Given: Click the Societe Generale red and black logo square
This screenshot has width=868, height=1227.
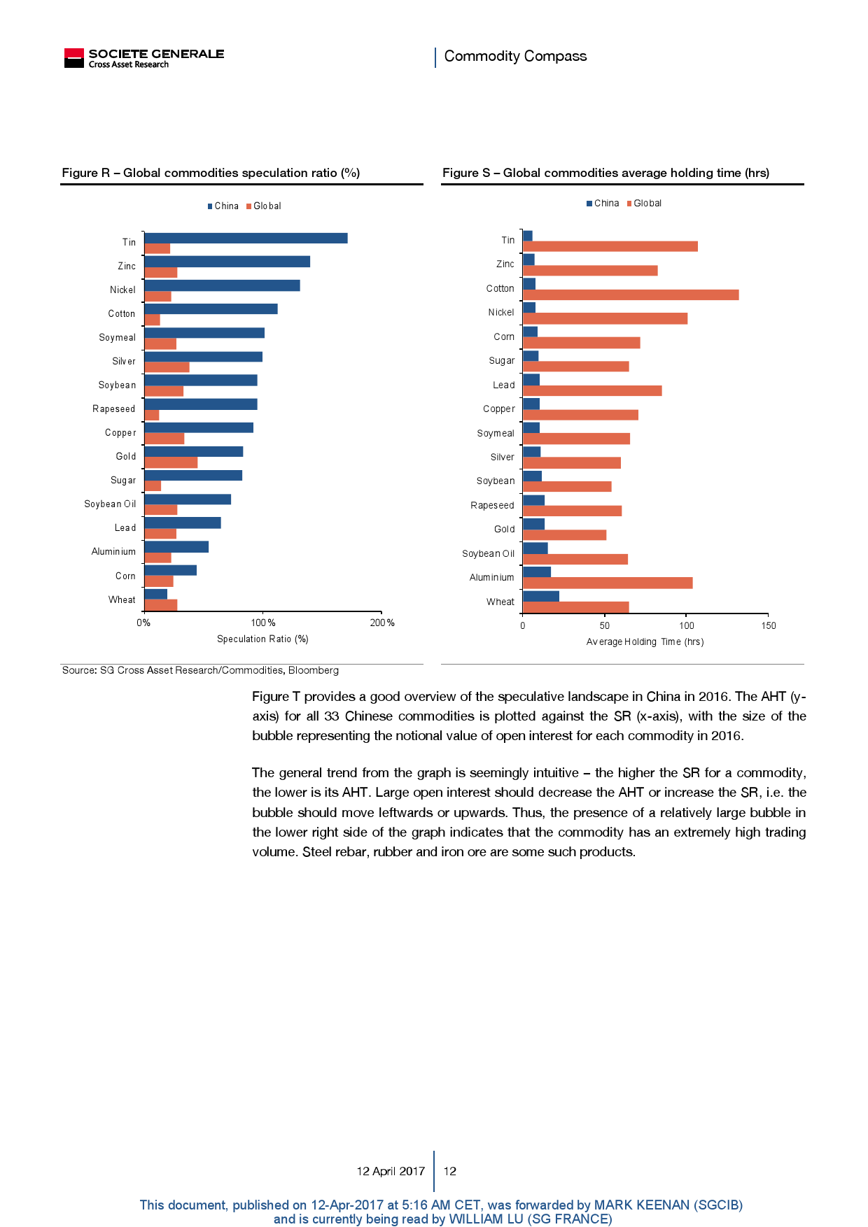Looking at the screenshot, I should pos(73,58).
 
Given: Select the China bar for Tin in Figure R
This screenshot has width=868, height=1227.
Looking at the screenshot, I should pos(245,239).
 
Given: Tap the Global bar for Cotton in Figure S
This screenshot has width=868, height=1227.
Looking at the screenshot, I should pos(630,295).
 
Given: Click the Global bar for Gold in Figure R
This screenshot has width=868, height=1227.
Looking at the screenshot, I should pos(171,462).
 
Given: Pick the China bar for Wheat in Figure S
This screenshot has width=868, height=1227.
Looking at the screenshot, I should pos(540,596).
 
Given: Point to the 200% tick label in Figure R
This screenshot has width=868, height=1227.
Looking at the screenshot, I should pos(382,623).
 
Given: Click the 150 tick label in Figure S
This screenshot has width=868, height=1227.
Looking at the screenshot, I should pos(769,625).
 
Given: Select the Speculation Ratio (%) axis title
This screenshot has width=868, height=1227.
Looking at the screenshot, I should pos(262,639).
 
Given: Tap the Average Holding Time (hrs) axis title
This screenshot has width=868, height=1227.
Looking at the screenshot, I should pos(645,641).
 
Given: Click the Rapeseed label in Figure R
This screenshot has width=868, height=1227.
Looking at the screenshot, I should pos(113,409).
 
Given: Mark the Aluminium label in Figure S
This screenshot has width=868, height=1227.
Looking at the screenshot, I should pos(491,577).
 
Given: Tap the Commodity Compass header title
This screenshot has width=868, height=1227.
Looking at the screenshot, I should pos(515,56).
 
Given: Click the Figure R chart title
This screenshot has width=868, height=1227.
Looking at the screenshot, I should pos(211,173).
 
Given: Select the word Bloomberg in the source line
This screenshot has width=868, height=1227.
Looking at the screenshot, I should pos(313,670).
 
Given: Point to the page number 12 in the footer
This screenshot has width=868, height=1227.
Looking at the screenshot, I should pos(450,1171).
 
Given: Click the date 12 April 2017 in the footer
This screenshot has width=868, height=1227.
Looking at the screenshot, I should pos(391,1171).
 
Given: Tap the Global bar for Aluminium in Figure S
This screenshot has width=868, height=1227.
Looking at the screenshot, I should pos(607,583).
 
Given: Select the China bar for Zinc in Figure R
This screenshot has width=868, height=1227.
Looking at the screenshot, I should pos(227,262).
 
